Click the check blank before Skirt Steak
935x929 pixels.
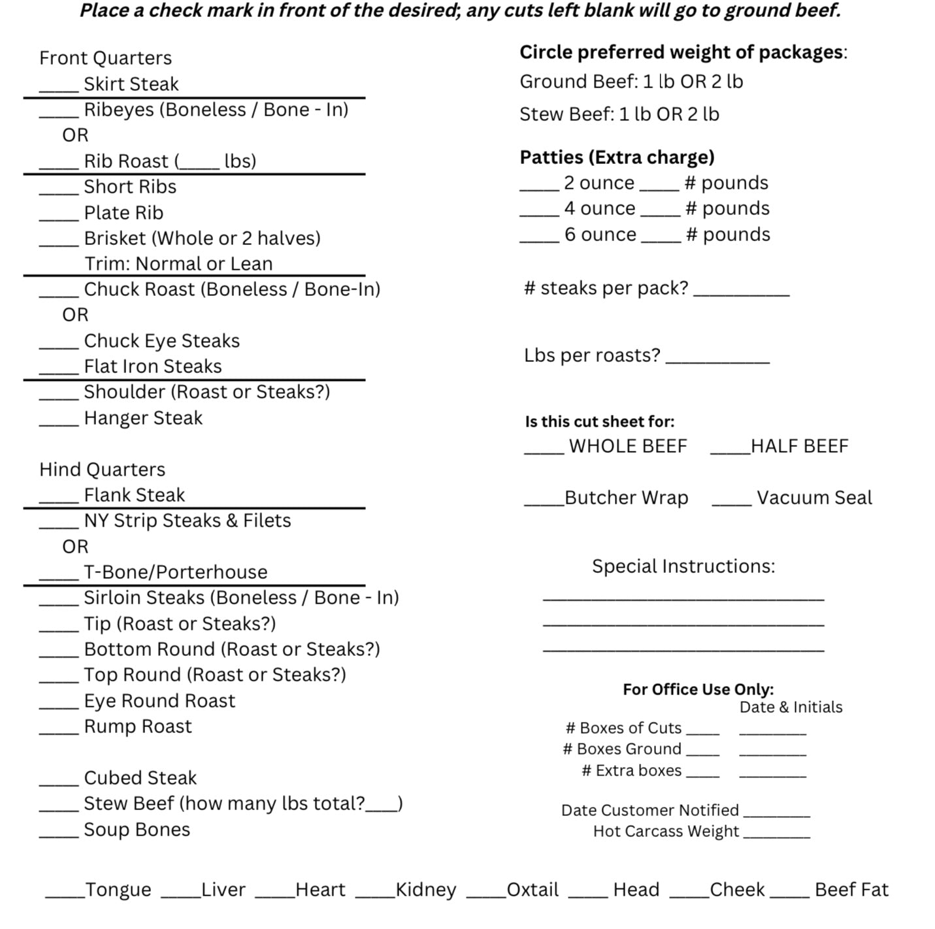(58, 90)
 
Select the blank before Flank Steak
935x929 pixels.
(58, 501)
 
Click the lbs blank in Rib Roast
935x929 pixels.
(199, 167)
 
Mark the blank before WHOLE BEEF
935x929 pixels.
(544, 452)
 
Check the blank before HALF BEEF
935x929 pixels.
(730, 452)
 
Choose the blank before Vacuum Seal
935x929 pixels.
(731, 504)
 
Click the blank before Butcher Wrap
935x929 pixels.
(544, 504)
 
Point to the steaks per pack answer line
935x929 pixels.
(741, 294)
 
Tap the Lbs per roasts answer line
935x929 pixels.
(717, 361)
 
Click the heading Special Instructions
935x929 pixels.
(683, 566)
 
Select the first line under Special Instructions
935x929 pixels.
(683, 597)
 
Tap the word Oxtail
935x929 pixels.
(533, 890)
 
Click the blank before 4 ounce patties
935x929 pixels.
(539, 214)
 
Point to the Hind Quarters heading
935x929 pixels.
(103, 470)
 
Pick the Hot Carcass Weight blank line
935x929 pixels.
(776, 836)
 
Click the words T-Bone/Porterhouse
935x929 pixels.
(176, 572)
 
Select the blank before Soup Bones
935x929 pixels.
(58, 836)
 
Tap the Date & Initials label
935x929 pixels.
(791, 708)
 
